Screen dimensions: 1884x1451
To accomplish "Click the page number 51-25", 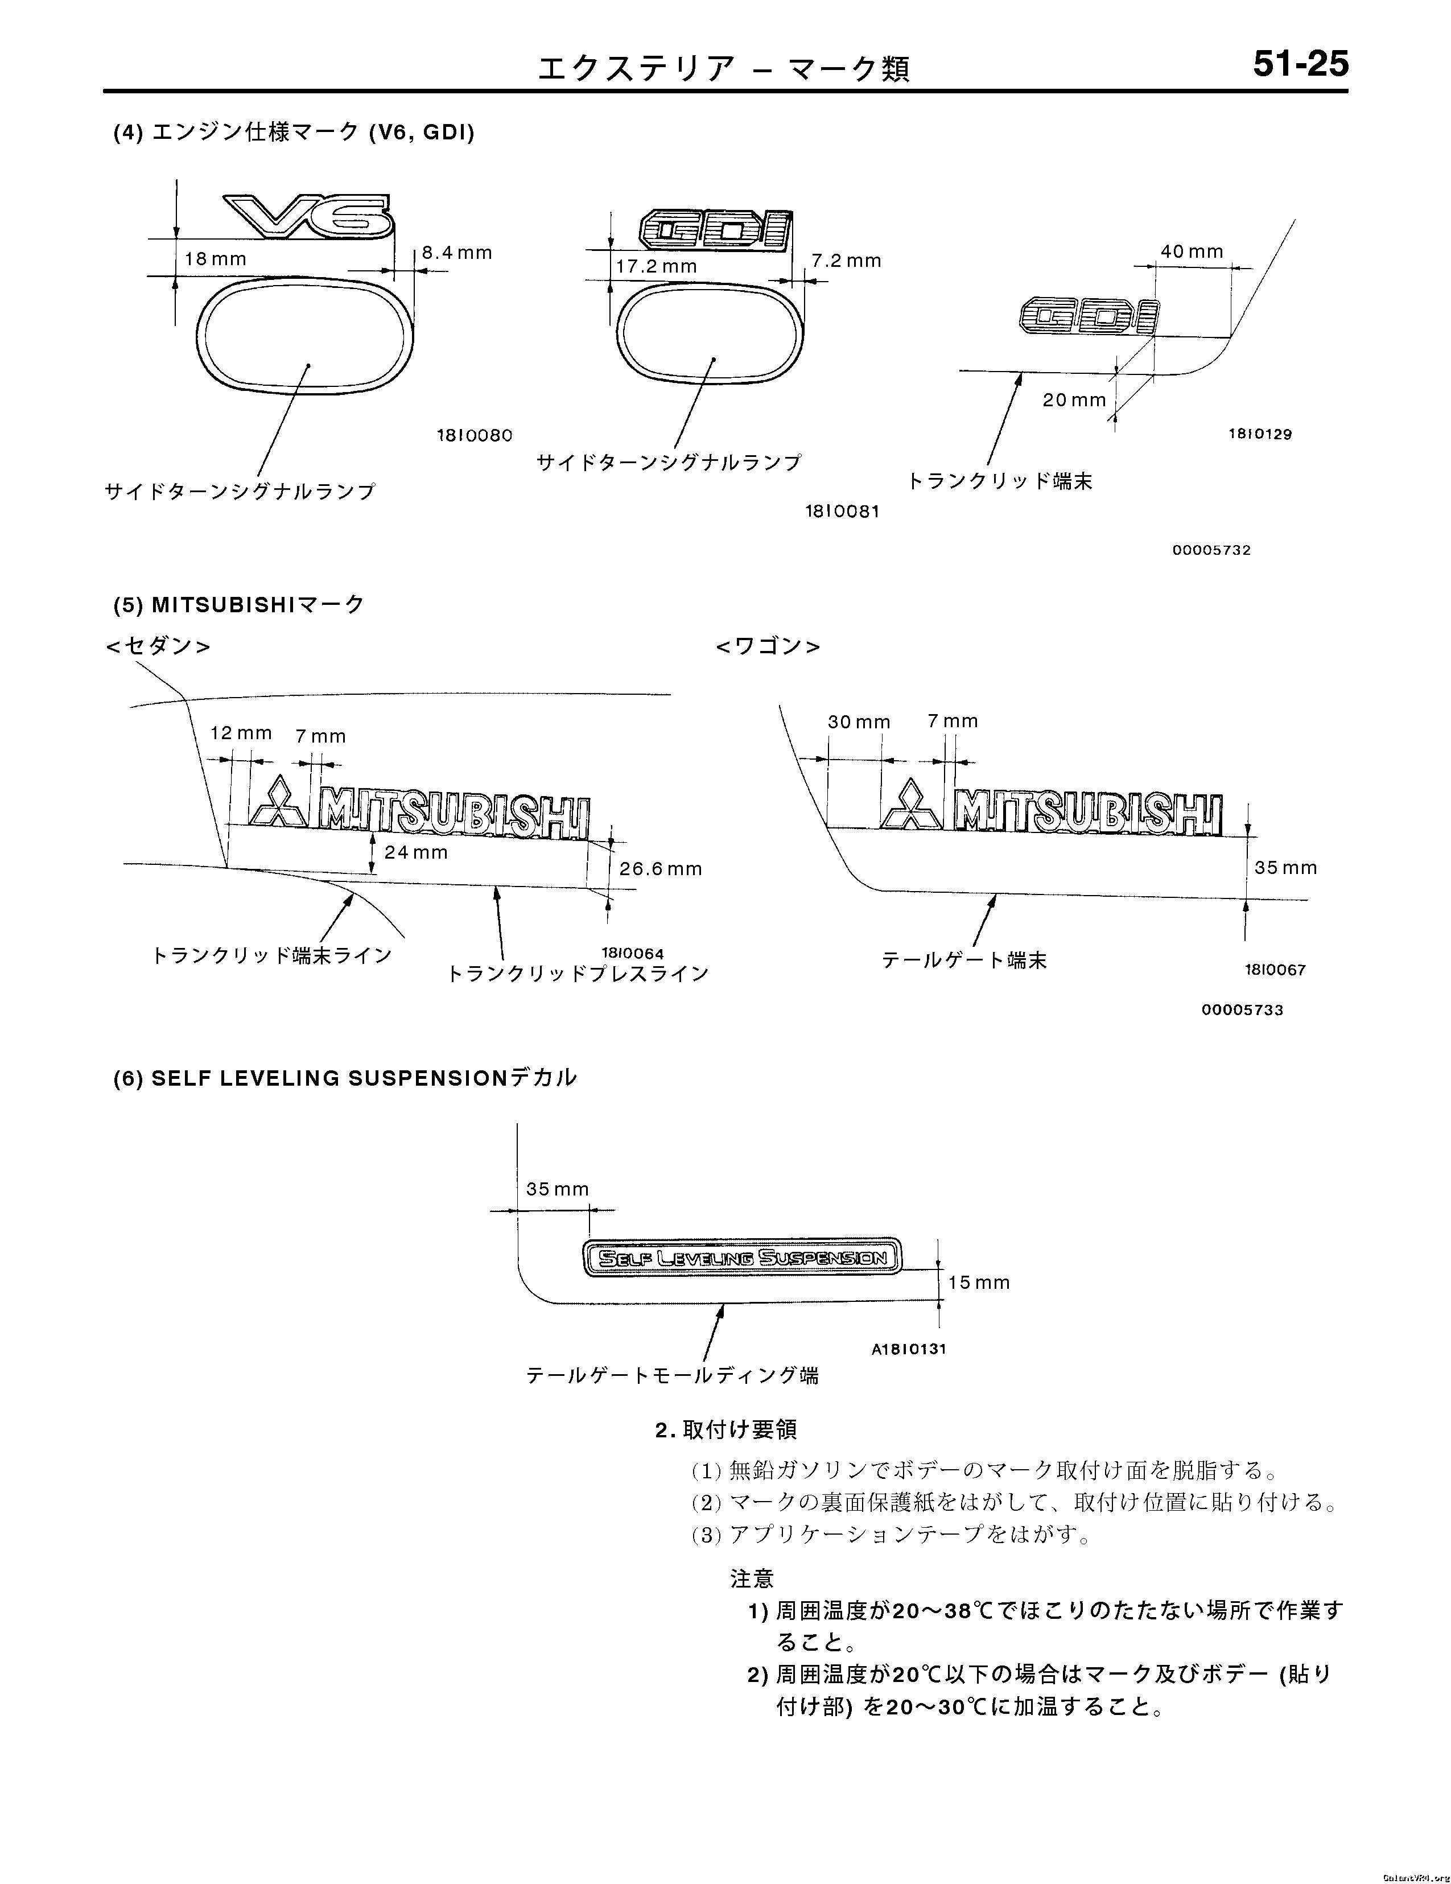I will (1300, 65).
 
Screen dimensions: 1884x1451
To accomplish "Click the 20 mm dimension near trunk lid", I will (1073, 399).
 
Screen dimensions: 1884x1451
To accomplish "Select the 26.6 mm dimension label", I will (660, 869).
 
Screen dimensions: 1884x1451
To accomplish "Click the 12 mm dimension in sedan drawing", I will (241, 733).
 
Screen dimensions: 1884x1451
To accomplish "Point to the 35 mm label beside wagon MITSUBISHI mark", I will (1285, 867).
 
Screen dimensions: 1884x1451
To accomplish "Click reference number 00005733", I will (1242, 1009).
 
